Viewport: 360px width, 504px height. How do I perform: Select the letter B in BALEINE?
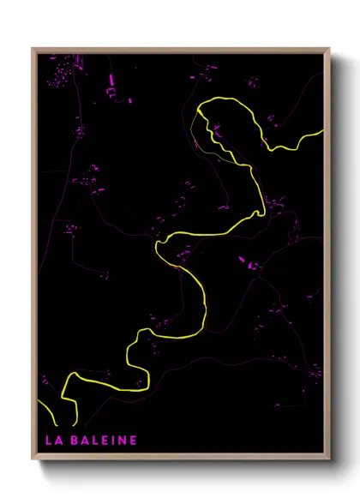pyautogui.click(x=75, y=441)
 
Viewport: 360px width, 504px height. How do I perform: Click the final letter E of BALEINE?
pyautogui.click(x=133, y=441)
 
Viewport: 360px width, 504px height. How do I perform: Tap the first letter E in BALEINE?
pyautogui.click(x=104, y=441)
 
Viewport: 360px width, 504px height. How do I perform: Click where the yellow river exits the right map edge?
pyautogui.click(x=322, y=131)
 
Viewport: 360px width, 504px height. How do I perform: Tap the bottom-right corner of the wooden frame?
pyautogui.click(x=329, y=459)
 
